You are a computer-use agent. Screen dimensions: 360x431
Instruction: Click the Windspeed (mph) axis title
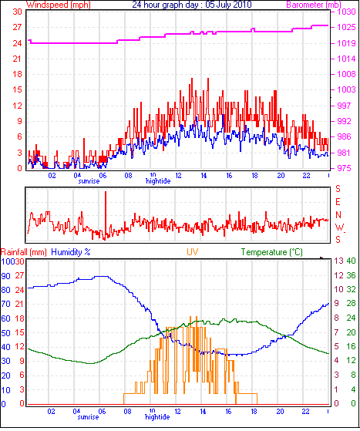59,5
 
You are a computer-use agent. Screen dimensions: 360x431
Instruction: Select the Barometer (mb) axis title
314,5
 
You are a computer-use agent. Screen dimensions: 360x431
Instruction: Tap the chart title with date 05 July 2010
192,5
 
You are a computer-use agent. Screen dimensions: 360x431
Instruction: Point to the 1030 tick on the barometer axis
347,12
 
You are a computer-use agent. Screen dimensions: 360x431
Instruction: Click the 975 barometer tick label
344,168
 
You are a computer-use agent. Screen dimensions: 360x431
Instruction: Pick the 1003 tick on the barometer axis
347,89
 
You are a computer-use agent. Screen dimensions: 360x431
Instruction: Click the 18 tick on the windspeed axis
17,74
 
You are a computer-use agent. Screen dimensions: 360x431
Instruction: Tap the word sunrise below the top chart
89,181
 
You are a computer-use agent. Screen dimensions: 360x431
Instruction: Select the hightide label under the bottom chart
157,417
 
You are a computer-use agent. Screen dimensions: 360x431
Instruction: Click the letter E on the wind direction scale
338,202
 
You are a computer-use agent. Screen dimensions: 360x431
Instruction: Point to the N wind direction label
338,214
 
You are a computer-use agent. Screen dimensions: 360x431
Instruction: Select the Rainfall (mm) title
24,252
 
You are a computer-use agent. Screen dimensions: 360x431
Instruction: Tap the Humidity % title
71,252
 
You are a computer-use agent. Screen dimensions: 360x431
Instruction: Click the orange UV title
193,252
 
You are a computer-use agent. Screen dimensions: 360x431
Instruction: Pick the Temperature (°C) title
272,252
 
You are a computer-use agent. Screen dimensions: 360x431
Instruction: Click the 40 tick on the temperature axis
351,261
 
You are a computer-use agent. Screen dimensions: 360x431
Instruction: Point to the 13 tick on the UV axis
339,261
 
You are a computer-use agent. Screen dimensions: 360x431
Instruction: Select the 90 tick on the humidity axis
5,276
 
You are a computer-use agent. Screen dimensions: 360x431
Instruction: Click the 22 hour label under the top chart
306,175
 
